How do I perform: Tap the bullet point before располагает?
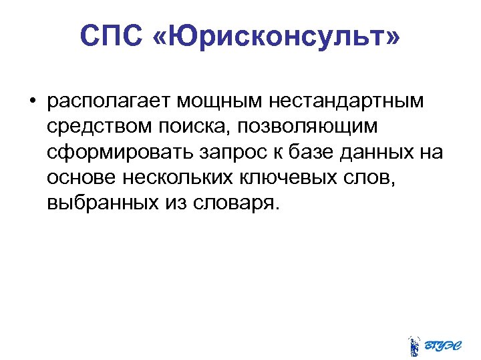(31, 102)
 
